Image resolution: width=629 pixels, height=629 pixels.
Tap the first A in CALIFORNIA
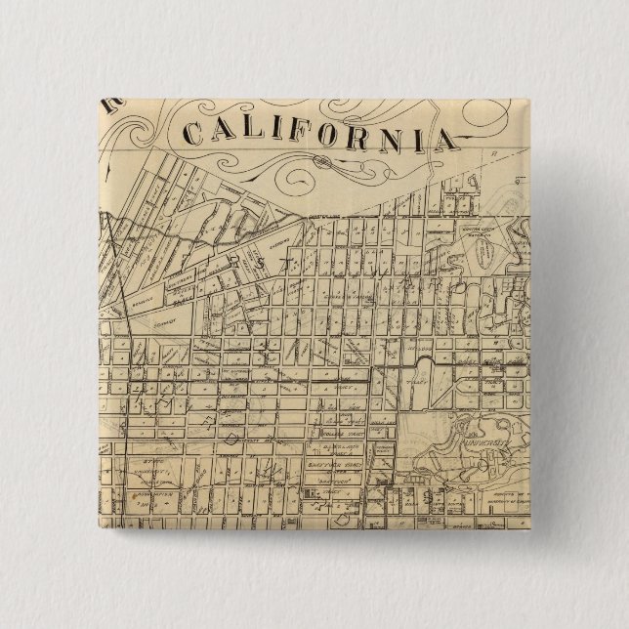pos(223,132)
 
